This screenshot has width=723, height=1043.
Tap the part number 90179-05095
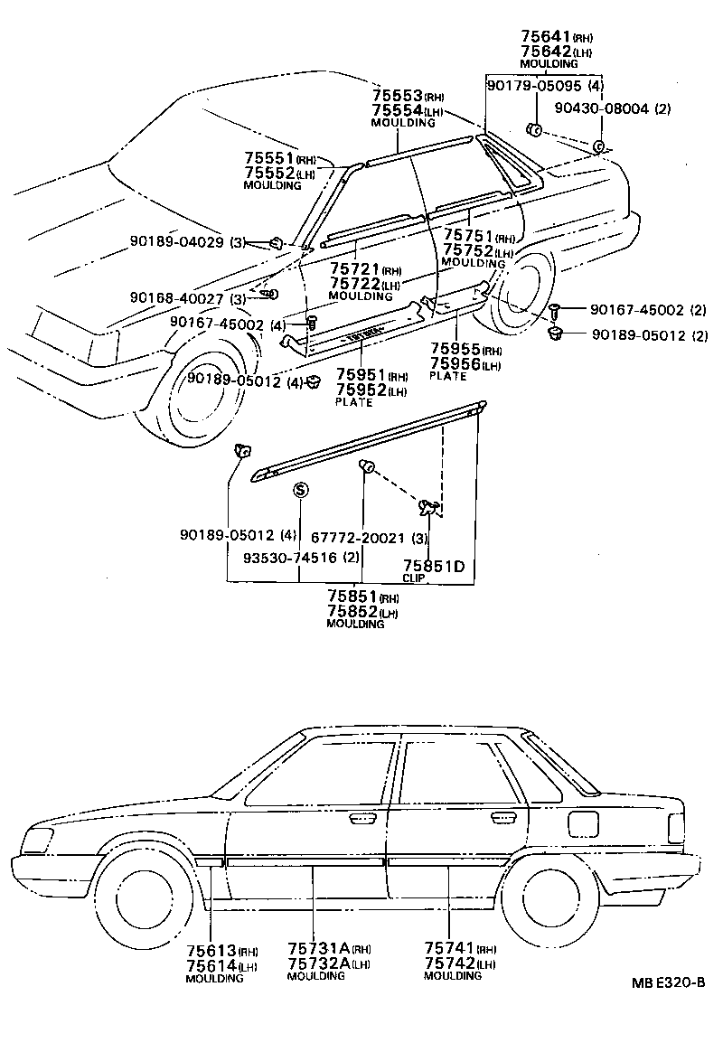534,86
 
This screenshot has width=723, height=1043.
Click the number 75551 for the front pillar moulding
268,158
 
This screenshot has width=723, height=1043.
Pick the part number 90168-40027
177,298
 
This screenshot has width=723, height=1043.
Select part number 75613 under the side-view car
211,950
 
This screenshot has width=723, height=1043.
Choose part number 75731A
319,947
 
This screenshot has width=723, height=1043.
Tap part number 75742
448,963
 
